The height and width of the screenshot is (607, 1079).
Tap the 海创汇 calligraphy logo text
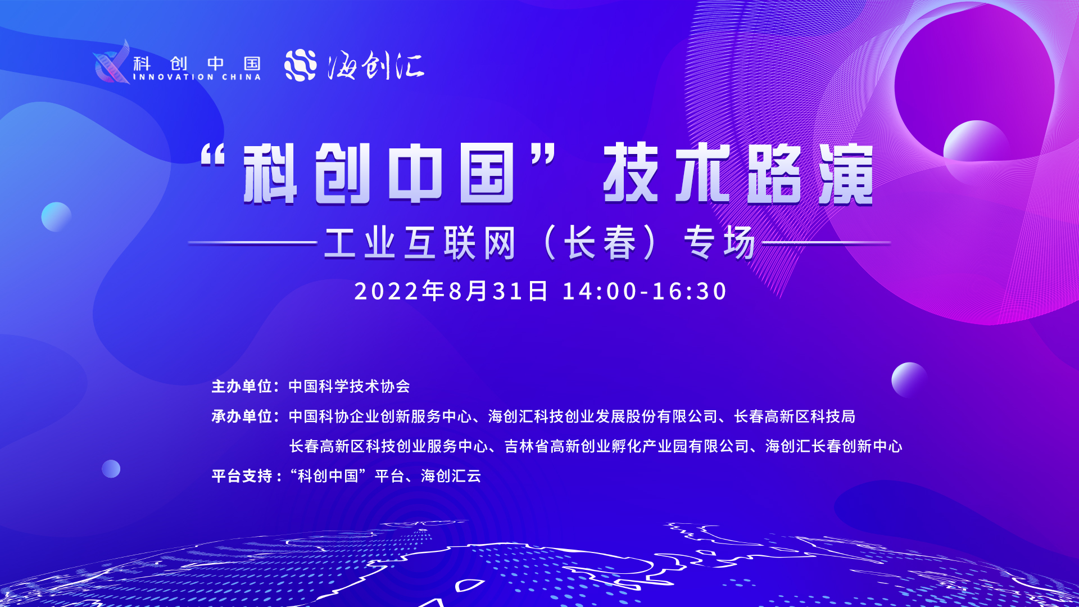376,65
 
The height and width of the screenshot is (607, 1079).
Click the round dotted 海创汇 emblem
301,65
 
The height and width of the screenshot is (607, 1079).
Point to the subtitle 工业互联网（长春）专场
539,243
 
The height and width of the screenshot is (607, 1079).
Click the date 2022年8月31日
451,291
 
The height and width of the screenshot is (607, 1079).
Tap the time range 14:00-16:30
645,292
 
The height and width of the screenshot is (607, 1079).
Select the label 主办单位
242,387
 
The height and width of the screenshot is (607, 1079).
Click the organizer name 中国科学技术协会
350,387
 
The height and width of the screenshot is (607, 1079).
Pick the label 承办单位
242,416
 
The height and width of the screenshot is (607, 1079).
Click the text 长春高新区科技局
795,416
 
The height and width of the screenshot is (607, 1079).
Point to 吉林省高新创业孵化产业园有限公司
627,446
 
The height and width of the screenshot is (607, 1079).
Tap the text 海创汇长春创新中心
834,446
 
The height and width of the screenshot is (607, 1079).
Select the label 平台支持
242,476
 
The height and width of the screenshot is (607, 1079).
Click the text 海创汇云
451,476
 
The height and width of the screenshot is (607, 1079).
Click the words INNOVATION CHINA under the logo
197,77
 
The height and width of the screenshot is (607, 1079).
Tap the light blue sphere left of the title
56,217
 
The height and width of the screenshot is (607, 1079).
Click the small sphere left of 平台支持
111,469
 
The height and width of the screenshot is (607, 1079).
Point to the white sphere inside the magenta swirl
976,147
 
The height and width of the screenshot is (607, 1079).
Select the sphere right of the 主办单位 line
909,380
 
